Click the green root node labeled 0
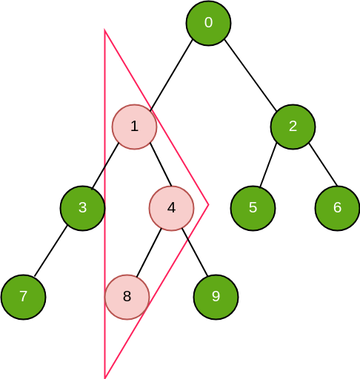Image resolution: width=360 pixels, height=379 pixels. [x=208, y=23]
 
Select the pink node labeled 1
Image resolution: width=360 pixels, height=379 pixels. [x=134, y=127]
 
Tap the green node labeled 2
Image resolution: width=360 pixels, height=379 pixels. [x=293, y=127]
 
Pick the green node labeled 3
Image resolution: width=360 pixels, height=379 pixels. [x=83, y=208]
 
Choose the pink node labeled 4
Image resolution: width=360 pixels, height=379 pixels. [x=171, y=208]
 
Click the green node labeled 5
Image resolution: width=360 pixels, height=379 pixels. [x=253, y=208]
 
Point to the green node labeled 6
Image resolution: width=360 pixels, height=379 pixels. [x=337, y=208]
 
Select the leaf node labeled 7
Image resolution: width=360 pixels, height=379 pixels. [x=24, y=297]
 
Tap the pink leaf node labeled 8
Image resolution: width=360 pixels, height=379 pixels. [x=127, y=297]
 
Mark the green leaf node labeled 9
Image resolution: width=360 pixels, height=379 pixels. [x=216, y=297]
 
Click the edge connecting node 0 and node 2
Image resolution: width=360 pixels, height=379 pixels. [x=250, y=75]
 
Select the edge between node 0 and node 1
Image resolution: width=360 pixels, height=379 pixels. [x=171, y=75]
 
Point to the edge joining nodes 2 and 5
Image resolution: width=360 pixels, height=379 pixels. [x=268, y=164]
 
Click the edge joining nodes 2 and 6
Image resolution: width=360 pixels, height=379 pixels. [x=323, y=164]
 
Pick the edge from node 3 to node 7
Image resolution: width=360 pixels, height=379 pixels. [x=50, y=251]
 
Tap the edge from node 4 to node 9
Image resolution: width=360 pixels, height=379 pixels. [x=195, y=252]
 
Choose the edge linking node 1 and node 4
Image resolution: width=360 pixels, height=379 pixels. [x=161, y=164]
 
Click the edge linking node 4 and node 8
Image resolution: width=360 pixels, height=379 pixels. [x=149, y=252]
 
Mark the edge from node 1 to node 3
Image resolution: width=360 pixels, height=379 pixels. [x=105, y=166]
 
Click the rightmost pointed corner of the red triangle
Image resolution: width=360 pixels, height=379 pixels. [x=209, y=204]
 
